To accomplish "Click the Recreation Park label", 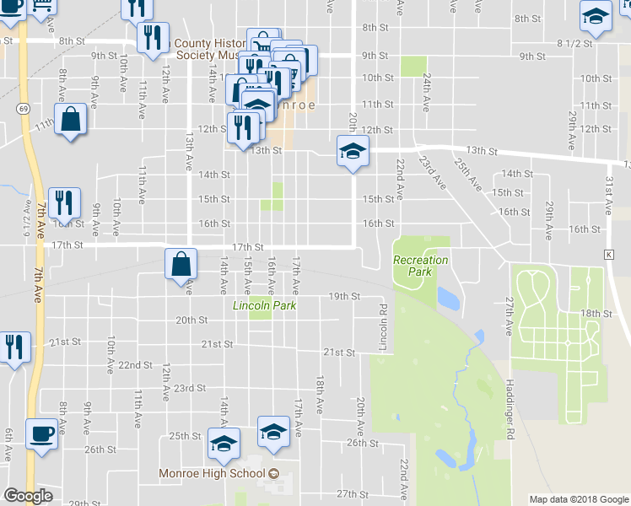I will [420, 266].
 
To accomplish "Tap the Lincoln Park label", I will [264, 305].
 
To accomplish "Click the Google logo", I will [28, 496].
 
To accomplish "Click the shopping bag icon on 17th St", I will [181, 264].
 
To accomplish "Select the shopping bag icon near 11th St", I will [71, 120].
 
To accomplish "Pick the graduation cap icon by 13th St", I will [353, 152].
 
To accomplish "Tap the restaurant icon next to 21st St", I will [13, 347].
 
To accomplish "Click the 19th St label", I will [344, 297].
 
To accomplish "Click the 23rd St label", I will [190, 388].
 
